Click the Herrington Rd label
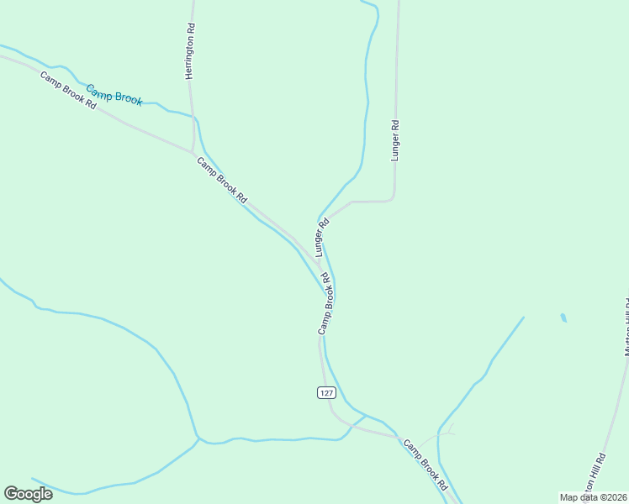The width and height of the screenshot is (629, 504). coord(190,51)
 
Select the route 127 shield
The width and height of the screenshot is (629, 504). coord(326,392)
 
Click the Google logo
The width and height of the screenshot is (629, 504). coord(29,494)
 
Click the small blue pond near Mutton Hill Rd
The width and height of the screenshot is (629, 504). coord(563,318)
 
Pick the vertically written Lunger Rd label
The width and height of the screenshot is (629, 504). coord(394,139)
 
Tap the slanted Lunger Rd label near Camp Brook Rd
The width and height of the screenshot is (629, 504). coord(321,238)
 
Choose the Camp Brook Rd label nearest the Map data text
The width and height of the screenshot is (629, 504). coord(425,465)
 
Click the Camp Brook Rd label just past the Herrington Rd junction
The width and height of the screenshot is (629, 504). coord(222,180)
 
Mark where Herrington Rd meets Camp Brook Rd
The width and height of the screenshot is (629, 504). coord(193,152)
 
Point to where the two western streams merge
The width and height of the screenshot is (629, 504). coord(198,438)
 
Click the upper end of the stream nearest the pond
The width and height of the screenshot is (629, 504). coord(523,318)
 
